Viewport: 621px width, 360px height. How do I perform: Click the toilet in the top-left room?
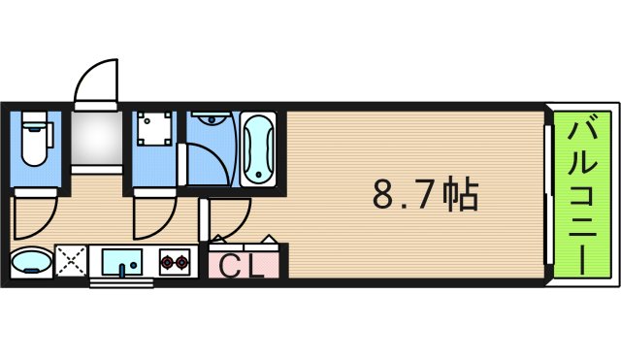36,141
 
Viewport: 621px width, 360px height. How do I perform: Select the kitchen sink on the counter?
123,262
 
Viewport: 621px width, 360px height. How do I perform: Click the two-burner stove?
175,262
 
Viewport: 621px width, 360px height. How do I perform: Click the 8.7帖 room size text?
425,195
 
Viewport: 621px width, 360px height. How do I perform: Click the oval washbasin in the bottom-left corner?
34,262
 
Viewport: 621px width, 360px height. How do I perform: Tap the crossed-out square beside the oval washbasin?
72,262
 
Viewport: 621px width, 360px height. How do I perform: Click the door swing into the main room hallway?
231,218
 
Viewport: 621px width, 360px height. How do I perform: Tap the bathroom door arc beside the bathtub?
212,162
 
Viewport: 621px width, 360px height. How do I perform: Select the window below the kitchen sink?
123,283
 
